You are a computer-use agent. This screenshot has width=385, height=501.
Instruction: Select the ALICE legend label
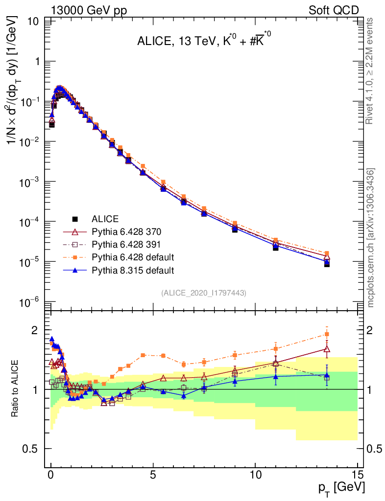click(x=105, y=219)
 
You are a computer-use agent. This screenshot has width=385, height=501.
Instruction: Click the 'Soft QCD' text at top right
click(x=334, y=10)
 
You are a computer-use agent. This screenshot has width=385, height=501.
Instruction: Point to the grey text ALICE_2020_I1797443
click(x=203, y=293)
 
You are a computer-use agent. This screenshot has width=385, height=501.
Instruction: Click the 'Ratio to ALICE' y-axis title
click(x=16, y=388)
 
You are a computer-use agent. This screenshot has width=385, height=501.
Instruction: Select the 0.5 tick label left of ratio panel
click(x=31, y=449)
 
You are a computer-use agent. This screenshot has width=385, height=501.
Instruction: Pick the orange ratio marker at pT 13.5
click(x=327, y=334)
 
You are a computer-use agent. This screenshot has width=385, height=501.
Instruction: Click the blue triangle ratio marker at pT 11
click(x=276, y=377)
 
